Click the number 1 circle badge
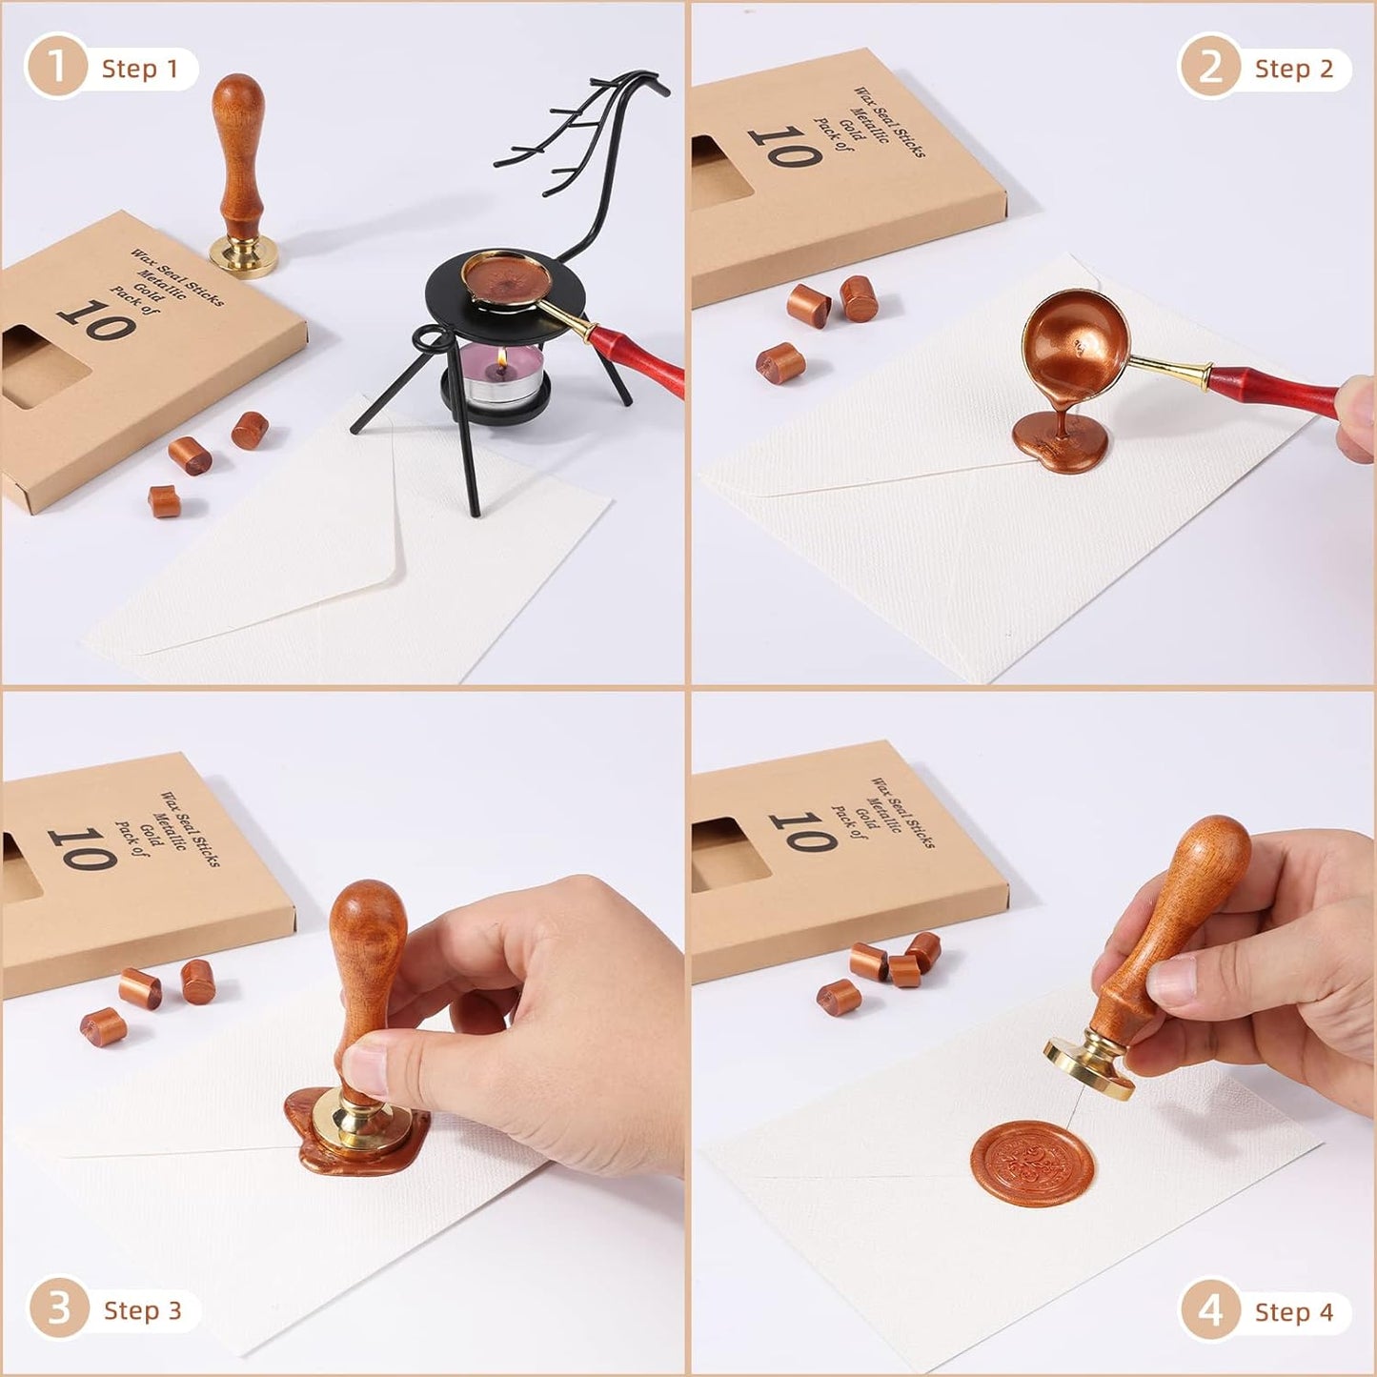55,68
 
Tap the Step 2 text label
1293,69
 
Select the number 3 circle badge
58,1309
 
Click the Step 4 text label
1293,1312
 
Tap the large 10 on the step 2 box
785,148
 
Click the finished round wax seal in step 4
1033,1163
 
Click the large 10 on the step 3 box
83,847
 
